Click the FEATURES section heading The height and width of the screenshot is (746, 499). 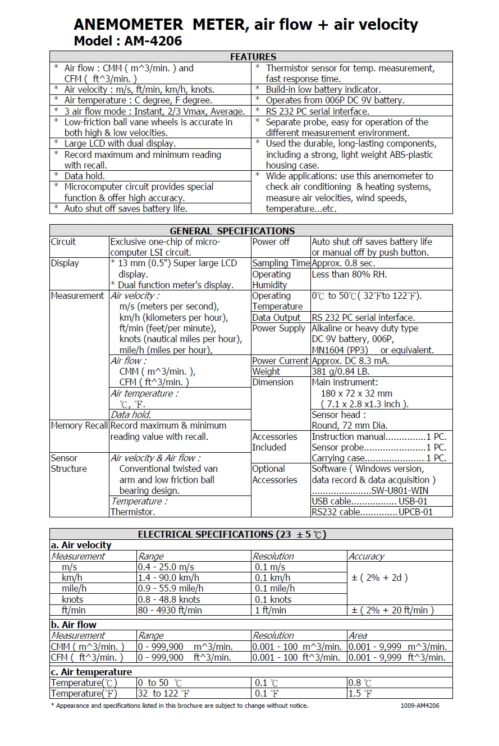253,57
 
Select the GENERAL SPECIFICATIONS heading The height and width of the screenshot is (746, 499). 232,230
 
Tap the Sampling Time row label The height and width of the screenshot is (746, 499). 281,263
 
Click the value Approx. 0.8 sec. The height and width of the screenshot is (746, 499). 344,263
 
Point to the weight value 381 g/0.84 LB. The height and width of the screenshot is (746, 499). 341,371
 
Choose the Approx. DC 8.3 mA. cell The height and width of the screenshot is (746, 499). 350,361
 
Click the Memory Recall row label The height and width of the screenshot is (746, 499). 79,426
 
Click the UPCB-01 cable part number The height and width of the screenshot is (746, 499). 415,512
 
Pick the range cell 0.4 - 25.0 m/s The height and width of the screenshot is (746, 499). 166,567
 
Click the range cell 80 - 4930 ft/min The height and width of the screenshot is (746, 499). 170,610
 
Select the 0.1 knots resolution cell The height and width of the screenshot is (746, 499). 273,599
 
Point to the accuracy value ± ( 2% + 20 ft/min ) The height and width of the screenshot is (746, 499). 393,610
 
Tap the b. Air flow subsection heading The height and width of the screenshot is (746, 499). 74,625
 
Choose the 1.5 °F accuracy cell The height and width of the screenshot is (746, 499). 361,694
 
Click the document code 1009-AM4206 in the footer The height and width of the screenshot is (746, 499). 420,706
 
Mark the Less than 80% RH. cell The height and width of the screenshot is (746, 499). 349,274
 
